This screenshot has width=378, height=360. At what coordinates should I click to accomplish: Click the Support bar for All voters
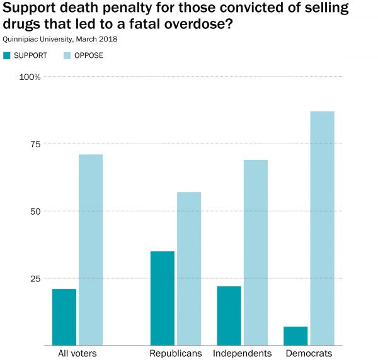click(x=64, y=317)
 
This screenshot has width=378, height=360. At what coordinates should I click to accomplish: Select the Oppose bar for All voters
click(x=91, y=249)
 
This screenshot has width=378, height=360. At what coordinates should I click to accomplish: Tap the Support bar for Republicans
click(x=163, y=298)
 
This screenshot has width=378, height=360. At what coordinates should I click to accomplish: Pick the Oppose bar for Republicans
click(x=189, y=268)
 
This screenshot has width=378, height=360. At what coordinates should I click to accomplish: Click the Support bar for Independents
click(x=229, y=315)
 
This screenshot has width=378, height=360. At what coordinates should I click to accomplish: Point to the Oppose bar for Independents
click(x=255, y=252)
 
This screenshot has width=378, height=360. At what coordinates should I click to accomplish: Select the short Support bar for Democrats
click(x=295, y=335)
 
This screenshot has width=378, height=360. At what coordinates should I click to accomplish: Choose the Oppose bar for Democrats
click(x=322, y=228)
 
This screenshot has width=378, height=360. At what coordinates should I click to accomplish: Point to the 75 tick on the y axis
click(x=35, y=144)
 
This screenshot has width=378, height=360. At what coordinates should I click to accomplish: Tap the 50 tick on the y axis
click(x=35, y=211)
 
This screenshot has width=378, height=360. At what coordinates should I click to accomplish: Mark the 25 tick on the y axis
click(x=35, y=278)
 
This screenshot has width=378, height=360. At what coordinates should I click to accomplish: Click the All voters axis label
click(x=77, y=353)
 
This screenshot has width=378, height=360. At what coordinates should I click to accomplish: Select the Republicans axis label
click(x=176, y=353)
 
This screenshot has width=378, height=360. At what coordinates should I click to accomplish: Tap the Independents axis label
click(x=242, y=353)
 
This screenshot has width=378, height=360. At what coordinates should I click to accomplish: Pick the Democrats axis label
click(x=309, y=353)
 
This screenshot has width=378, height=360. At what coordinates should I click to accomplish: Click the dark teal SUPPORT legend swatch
click(x=7, y=55)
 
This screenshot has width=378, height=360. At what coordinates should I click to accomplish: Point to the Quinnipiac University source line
click(x=60, y=39)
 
